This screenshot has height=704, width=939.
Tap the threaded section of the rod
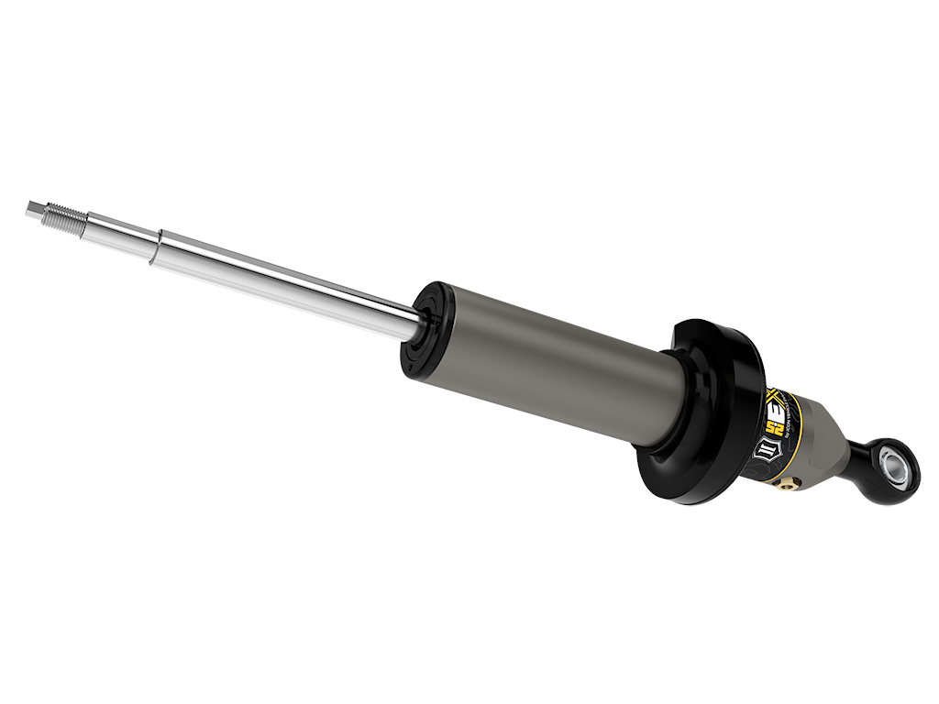coord(64,216)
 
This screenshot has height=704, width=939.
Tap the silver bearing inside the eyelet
coord(890,467)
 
